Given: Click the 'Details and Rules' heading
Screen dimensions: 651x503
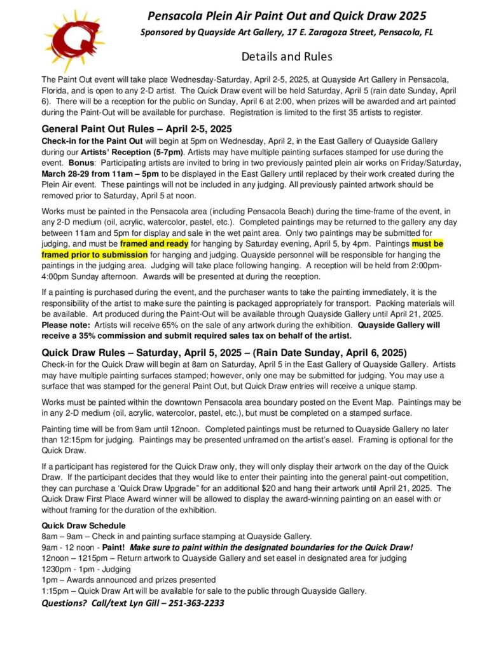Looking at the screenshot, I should [287, 57].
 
